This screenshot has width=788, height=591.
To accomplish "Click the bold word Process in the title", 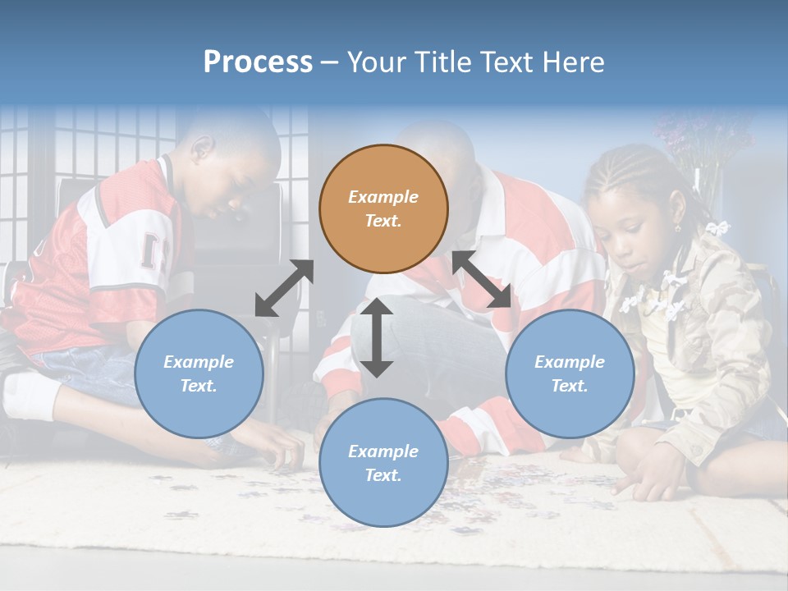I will click(258, 62).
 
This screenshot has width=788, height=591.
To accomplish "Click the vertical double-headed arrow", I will click(377, 337).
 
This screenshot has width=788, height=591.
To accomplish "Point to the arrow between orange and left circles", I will click(284, 288).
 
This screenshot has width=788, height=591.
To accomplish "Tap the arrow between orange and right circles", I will click(482, 280).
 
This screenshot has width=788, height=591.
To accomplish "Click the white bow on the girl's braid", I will click(718, 227).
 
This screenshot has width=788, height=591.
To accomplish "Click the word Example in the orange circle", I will click(383, 197).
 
